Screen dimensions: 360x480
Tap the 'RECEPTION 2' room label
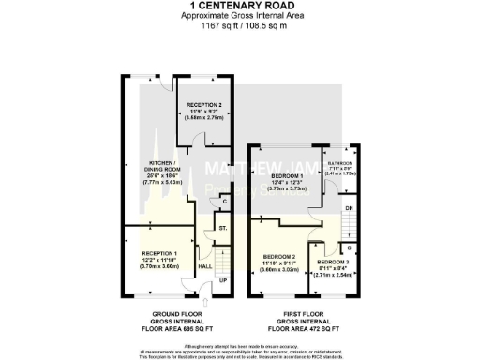[203, 105]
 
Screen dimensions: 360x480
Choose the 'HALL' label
[204, 266]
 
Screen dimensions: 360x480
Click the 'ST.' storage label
[222, 228]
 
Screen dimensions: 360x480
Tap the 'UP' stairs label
[222, 279]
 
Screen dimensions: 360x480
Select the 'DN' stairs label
[350, 207]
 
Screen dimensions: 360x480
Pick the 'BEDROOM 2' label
[279, 257]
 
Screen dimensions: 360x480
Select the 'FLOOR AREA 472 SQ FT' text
[305, 330]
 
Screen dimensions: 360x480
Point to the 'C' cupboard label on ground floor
[225, 201]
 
